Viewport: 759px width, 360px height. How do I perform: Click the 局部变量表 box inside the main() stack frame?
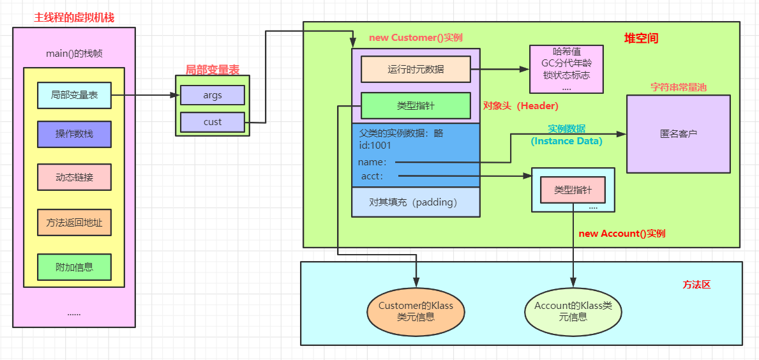tap(74, 95)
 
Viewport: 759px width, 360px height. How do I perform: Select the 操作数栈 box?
tap(74, 133)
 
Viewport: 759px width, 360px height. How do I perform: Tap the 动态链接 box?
tap(74, 177)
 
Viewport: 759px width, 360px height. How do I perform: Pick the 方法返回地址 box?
tap(74, 222)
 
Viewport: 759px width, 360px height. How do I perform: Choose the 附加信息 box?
tap(74, 267)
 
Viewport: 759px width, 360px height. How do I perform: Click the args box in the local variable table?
tap(212, 95)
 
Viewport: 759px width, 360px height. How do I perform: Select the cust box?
tap(212, 122)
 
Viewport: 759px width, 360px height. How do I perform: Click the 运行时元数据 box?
tap(416, 69)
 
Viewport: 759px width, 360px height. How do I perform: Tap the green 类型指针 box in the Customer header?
tap(416, 105)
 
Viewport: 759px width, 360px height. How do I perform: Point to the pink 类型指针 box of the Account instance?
tap(573, 190)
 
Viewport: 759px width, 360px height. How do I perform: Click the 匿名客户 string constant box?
tap(678, 134)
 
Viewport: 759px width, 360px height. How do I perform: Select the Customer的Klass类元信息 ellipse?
tap(416, 311)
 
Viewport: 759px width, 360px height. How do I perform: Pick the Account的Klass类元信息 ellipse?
tap(573, 311)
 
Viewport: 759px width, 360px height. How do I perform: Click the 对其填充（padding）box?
tap(416, 202)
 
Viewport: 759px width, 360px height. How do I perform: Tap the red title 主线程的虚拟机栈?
tap(74, 17)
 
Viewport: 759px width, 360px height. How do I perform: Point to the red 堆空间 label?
tap(640, 38)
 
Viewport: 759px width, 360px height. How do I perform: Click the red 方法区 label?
tap(696, 285)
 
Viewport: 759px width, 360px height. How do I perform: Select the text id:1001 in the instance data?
tap(375, 146)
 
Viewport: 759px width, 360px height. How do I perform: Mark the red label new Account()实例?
tap(621, 234)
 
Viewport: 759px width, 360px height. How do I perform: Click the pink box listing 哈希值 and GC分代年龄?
tap(566, 69)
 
